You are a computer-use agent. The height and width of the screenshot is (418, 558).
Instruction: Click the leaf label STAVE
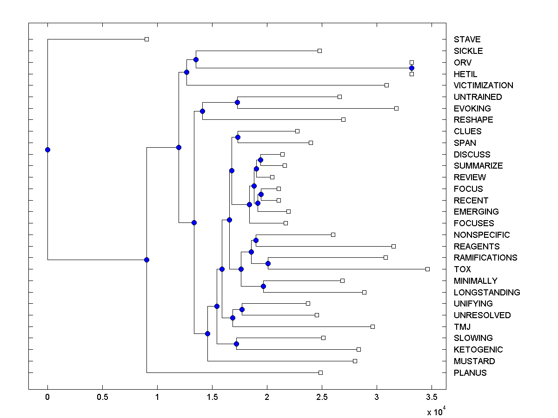click(467, 39)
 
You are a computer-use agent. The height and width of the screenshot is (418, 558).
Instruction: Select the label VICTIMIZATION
click(484, 85)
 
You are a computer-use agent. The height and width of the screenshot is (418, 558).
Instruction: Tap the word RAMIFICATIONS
click(485, 258)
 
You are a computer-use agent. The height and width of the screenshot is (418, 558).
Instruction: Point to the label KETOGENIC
click(478, 350)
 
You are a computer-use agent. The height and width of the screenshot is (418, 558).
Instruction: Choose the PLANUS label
click(470, 372)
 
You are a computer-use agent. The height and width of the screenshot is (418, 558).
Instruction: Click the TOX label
click(462, 269)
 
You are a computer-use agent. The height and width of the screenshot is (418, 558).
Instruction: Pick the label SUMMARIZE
click(478, 166)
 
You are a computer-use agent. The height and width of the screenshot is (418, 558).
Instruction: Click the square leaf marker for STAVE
click(146, 39)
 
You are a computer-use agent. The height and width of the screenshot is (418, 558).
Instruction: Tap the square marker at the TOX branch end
click(427, 269)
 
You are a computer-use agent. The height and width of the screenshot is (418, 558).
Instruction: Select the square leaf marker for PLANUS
click(320, 372)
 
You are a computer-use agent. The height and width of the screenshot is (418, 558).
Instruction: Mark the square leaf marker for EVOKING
click(396, 108)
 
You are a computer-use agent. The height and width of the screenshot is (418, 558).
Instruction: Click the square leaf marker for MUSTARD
click(355, 361)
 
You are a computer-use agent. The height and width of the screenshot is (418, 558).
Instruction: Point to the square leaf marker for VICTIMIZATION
click(386, 85)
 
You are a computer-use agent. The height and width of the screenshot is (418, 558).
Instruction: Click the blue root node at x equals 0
click(47, 150)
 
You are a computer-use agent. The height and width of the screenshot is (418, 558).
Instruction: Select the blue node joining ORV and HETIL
click(412, 68)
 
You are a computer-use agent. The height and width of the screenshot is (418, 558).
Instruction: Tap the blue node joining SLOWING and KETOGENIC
click(236, 344)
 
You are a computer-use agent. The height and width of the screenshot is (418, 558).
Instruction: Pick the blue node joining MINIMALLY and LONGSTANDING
click(263, 286)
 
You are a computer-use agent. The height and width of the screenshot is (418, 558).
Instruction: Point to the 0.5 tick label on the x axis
click(102, 397)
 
